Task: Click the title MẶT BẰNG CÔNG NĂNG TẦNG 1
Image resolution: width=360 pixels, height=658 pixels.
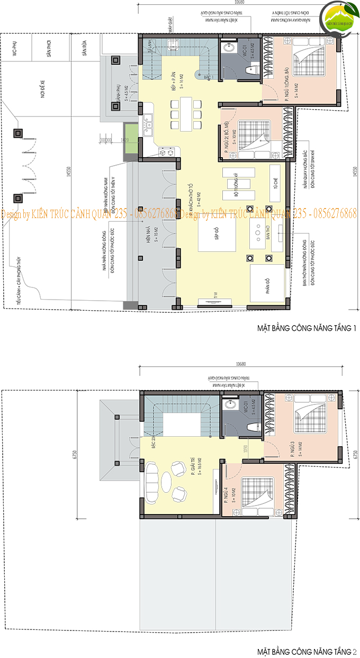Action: click(x=307, y=329)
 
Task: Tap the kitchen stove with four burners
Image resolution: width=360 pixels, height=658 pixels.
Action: click(x=168, y=152)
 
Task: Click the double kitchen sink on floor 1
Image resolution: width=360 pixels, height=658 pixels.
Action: click(x=147, y=125)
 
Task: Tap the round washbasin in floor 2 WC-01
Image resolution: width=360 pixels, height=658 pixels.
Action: click(x=231, y=405)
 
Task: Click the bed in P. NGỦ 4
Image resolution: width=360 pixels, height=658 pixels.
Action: click(x=256, y=491)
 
